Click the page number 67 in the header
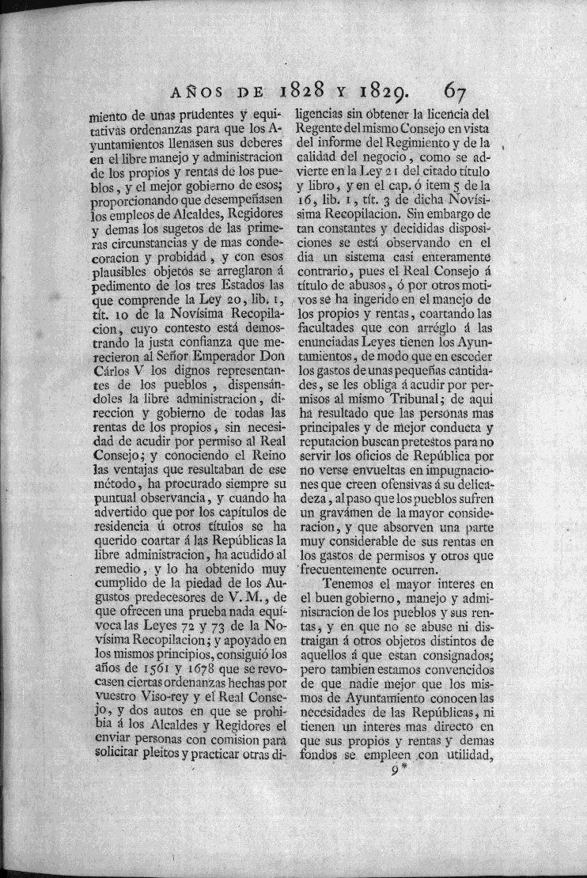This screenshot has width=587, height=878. [460, 86]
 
